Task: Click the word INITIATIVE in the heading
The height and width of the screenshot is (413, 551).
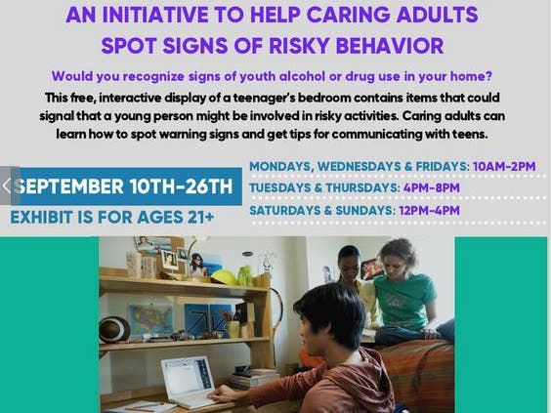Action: click(155, 15)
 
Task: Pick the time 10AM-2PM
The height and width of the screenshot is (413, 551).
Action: click(504, 166)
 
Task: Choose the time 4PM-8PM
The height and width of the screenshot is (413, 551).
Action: click(431, 187)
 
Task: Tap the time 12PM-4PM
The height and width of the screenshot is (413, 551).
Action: click(429, 210)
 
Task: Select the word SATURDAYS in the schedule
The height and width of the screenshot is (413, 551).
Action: click(285, 210)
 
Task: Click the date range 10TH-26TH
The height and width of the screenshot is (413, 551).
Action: click(182, 186)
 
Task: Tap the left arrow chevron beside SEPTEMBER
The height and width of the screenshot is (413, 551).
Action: click(6, 186)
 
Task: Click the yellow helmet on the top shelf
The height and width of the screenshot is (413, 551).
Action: click(224, 277)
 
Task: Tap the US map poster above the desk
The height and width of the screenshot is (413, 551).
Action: click(150, 320)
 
